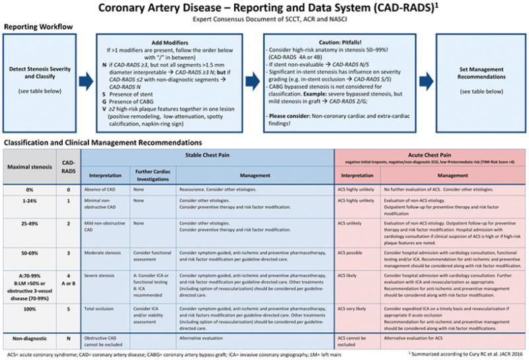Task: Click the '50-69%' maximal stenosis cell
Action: tap(30, 253)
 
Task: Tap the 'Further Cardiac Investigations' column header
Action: tap(153, 173)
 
